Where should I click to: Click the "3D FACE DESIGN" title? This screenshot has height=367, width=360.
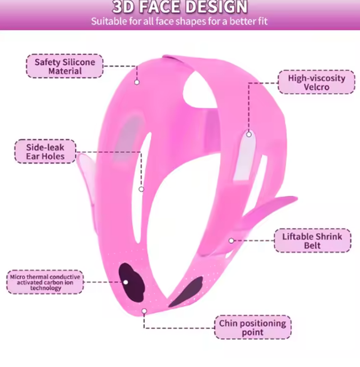click(180, 7)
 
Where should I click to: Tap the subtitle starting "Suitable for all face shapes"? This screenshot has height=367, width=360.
click(180, 21)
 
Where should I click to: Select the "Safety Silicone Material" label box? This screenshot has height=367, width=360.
click(65, 66)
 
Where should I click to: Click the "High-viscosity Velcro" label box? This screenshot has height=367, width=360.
click(316, 82)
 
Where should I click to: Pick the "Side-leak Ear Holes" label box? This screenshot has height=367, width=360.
click(45, 152)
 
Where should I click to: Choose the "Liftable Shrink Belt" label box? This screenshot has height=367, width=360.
click(312, 241)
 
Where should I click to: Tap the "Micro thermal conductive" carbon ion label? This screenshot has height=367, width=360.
click(45, 282)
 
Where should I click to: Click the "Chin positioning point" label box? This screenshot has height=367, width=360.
click(252, 327)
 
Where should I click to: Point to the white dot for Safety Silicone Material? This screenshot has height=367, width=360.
click(137, 82)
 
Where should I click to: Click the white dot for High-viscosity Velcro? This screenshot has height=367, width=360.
click(249, 134)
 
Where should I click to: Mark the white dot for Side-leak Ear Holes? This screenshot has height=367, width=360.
click(141, 189)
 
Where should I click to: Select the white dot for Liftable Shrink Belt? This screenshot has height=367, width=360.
click(231, 241)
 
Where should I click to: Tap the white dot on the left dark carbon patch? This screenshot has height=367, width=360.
click(126, 282)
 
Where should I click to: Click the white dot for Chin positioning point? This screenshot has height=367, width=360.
click(144, 311)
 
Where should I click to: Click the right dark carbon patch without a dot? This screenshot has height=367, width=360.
click(188, 291)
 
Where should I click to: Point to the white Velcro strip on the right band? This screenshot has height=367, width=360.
click(246, 157)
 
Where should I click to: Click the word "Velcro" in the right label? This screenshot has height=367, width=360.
click(316, 87)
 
